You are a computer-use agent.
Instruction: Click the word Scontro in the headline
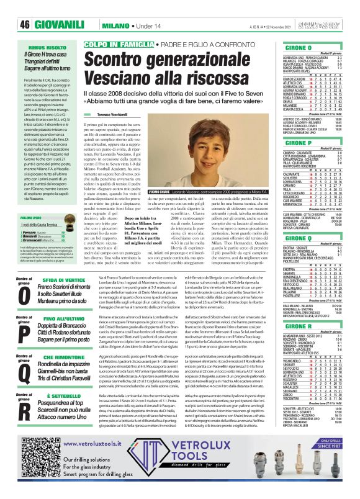click(x=124, y=62)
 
